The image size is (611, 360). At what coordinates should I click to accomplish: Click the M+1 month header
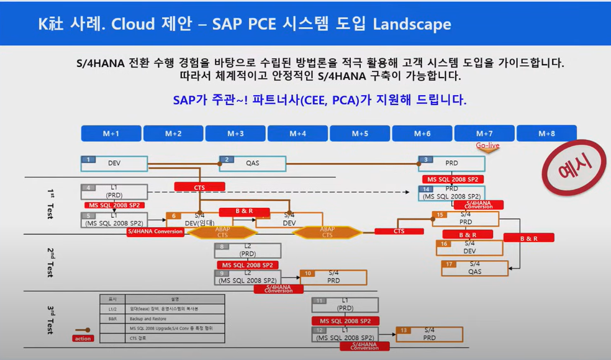point(111,133)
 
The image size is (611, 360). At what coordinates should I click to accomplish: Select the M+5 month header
point(360,133)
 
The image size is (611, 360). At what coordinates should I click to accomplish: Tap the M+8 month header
point(546,133)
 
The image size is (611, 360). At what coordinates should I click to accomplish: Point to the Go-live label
point(487,146)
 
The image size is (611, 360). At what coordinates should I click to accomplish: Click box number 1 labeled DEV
point(114,163)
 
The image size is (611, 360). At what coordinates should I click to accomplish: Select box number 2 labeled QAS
point(253,163)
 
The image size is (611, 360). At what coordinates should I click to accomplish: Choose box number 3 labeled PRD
point(451,163)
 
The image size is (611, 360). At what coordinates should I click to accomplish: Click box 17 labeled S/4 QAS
point(474,268)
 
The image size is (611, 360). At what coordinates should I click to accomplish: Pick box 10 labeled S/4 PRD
point(333,277)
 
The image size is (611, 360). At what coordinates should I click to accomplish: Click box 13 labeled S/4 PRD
point(430,334)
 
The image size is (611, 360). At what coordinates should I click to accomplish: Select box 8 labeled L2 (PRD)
point(248,250)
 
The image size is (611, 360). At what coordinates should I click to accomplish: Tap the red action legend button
point(83,338)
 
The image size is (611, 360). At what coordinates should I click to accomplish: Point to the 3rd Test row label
point(50,320)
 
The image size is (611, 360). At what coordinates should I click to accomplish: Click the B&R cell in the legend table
point(112,318)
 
